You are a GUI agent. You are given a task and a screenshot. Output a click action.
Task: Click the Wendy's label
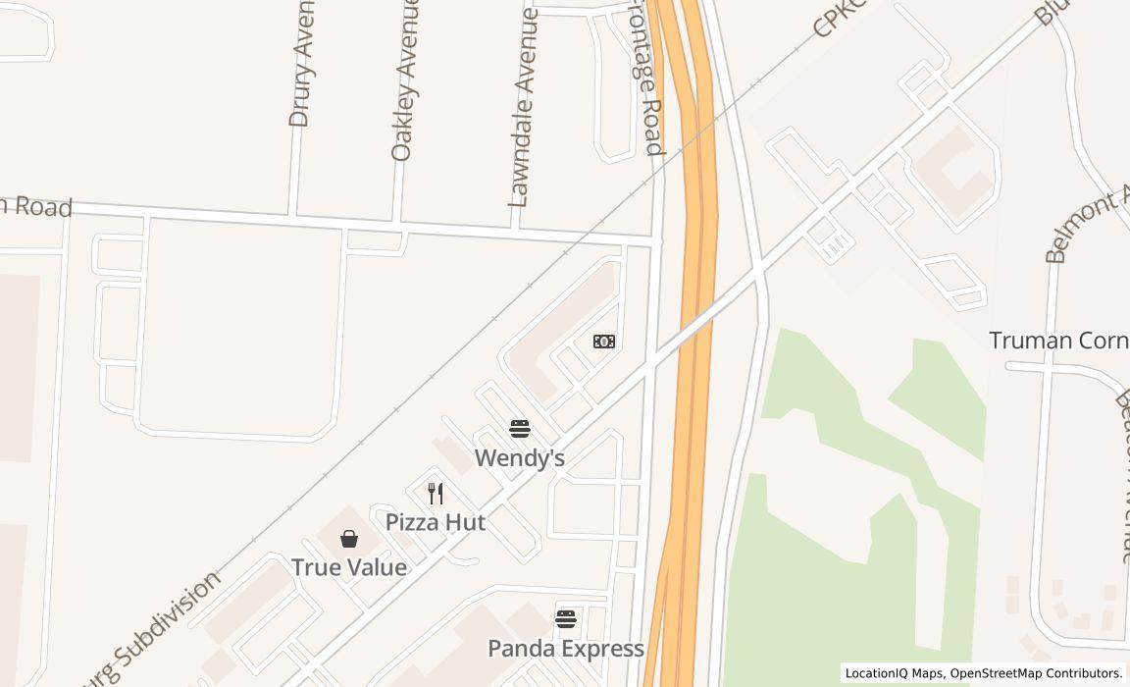click(519, 458)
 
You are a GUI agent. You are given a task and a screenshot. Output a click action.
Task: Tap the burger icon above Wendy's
click(519, 428)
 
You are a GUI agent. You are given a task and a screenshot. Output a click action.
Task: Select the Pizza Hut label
click(435, 522)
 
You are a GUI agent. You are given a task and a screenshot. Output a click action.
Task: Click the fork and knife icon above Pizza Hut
click(436, 493)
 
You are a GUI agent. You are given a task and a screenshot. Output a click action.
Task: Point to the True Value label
click(349, 567)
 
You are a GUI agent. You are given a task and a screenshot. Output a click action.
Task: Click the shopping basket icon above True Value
click(349, 539)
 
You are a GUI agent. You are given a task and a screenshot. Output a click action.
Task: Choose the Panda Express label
click(566, 649)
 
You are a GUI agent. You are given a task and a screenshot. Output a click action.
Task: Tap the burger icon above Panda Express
click(565, 618)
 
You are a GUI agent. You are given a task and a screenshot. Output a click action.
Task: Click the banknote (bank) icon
click(604, 342)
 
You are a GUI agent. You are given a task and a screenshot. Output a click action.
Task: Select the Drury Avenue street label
click(301, 65)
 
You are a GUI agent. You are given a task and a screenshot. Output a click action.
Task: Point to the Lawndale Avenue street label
click(523, 106)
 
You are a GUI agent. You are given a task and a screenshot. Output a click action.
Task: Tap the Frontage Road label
click(646, 79)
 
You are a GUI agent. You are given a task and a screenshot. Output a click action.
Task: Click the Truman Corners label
click(1058, 341)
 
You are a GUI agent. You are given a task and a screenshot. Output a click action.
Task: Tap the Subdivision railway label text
click(162, 628)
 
